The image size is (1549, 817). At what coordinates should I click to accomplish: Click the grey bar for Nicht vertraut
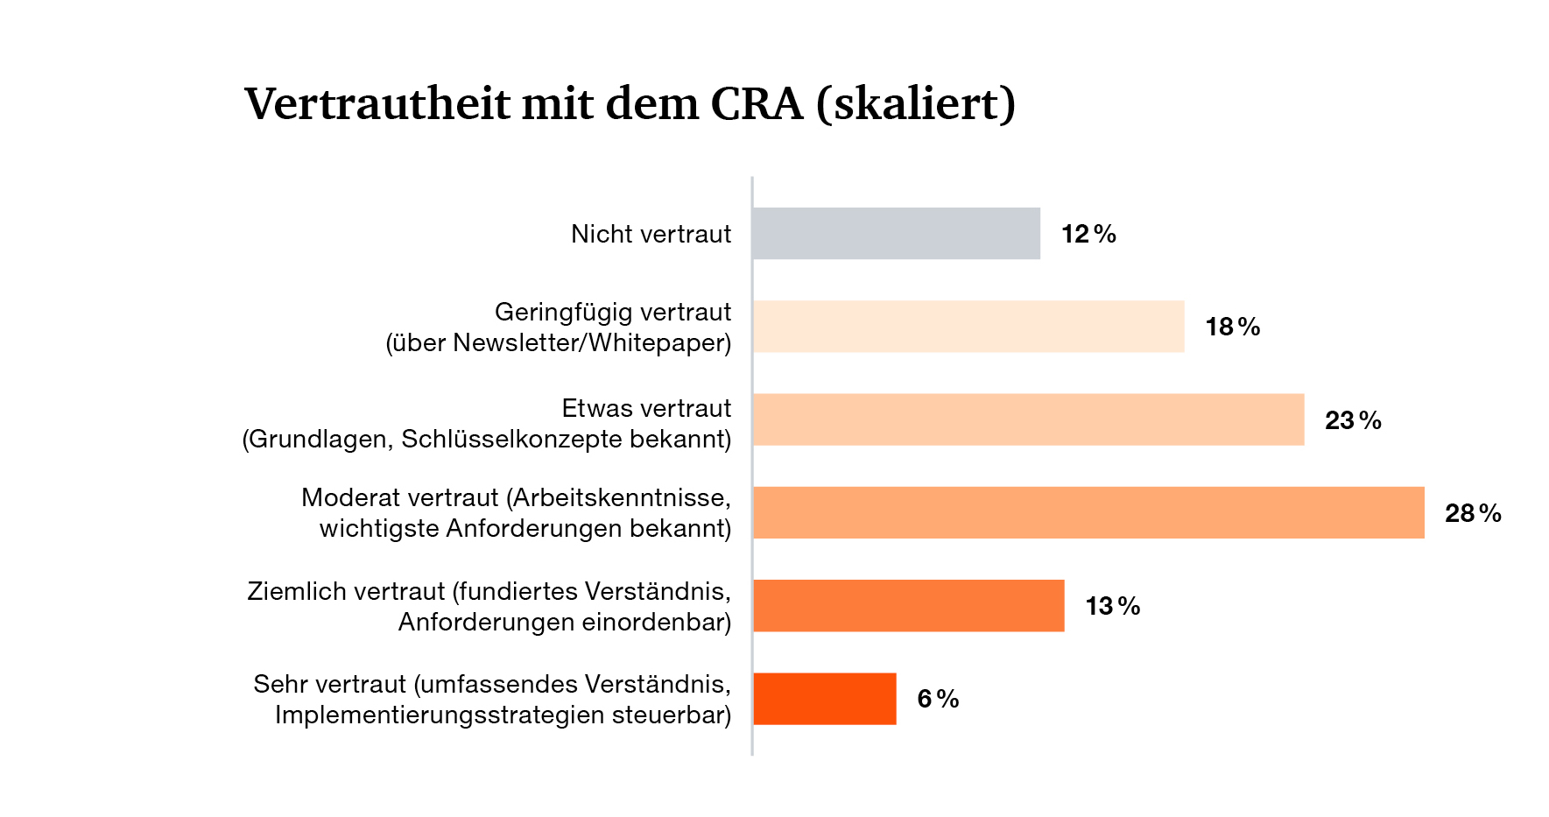pyautogui.click(x=897, y=234)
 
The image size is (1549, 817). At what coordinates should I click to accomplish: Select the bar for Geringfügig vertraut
pyautogui.click(x=968, y=327)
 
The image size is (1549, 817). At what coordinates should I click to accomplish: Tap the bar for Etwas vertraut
pyautogui.click(x=1029, y=419)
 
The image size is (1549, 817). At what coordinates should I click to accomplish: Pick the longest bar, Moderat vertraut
pyautogui.click(x=1088, y=512)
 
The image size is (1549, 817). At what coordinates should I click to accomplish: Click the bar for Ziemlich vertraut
pyautogui.click(x=909, y=606)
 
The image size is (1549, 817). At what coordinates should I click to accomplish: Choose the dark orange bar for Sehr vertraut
pyautogui.click(x=825, y=699)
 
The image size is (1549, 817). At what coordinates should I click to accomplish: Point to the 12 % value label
pyautogui.click(x=1089, y=234)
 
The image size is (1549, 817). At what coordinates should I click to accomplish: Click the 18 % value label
pyautogui.click(x=1233, y=327)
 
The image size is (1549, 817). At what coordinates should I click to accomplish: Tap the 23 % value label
pyautogui.click(x=1354, y=420)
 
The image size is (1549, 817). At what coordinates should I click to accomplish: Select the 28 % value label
pyautogui.click(x=1474, y=513)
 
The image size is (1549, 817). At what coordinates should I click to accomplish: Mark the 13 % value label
pyautogui.click(x=1113, y=606)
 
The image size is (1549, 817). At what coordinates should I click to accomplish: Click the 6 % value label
pyautogui.click(x=939, y=699)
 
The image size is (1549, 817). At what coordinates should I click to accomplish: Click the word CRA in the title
pyautogui.click(x=757, y=104)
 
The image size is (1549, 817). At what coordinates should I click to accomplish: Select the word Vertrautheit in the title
pyautogui.click(x=377, y=104)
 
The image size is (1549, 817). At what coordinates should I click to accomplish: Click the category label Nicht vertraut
pyautogui.click(x=651, y=234)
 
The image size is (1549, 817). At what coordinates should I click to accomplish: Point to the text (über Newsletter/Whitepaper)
pyautogui.click(x=559, y=342)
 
